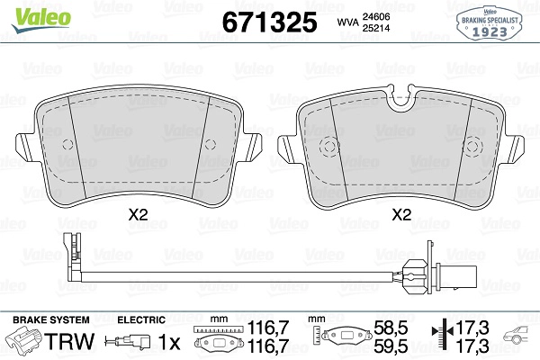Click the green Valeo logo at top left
(41, 19)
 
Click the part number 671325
(269, 22)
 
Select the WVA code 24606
(375, 16)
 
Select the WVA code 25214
(375, 28)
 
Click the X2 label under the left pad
(138, 215)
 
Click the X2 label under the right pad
(401, 215)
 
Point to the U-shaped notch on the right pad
(401, 99)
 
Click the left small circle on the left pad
(67, 145)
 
